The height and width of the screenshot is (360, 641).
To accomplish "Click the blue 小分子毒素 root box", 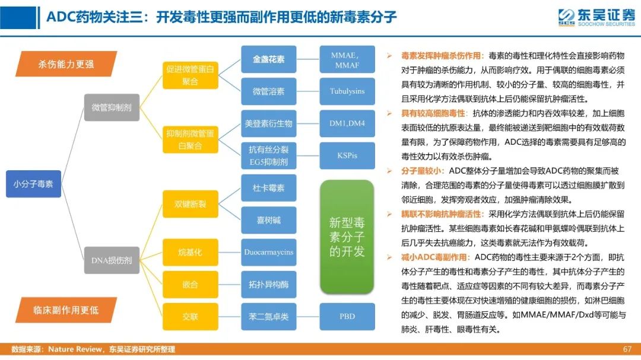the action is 33,184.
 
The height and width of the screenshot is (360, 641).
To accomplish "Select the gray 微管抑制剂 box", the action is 112,107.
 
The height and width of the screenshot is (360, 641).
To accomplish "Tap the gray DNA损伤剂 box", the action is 112,260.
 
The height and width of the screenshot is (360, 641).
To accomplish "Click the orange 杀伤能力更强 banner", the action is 66,63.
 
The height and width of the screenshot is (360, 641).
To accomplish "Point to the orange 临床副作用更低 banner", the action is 66,310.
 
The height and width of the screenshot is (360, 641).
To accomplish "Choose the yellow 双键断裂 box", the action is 190,204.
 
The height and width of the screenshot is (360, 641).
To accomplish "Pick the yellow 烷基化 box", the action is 190,252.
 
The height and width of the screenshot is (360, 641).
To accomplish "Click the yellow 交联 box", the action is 190,317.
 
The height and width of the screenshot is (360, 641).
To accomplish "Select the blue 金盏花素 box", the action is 269,59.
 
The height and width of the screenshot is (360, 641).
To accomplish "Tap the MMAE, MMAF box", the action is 347,59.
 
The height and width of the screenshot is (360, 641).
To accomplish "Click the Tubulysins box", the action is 347,91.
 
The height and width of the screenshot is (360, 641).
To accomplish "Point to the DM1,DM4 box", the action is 347,123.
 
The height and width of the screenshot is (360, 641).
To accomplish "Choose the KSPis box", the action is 347,156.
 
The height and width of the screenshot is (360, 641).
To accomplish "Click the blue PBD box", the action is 347,317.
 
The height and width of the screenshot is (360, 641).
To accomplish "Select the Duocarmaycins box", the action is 269,252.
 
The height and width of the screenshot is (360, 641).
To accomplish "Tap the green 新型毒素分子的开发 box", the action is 347,237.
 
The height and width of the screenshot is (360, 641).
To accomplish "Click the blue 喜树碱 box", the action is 269,220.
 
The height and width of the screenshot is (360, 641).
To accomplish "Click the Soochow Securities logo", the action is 596,18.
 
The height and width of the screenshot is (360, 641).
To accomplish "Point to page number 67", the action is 627,349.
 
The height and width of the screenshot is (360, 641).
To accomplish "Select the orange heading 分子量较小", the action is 423,171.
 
